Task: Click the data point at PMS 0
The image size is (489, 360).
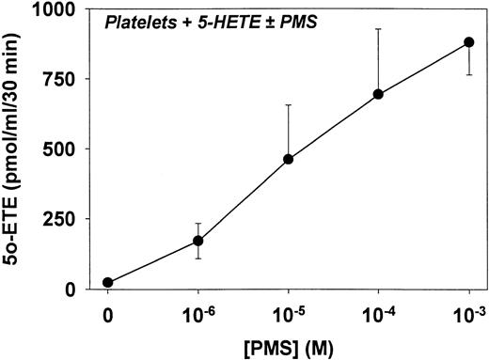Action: [x=108, y=282]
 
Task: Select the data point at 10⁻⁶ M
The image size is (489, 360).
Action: [x=198, y=241]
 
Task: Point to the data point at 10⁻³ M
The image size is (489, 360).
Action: [x=469, y=42]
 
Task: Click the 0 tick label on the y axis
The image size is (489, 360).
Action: [x=82, y=289]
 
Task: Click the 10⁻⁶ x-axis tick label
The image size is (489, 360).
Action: [x=198, y=312]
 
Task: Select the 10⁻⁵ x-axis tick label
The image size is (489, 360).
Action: [x=289, y=312]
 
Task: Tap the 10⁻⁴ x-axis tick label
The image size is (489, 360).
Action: [x=379, y=312]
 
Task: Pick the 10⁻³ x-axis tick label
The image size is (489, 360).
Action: [x=467, y=312]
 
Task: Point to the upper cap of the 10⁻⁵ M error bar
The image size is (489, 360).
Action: [x=289, y=105]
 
